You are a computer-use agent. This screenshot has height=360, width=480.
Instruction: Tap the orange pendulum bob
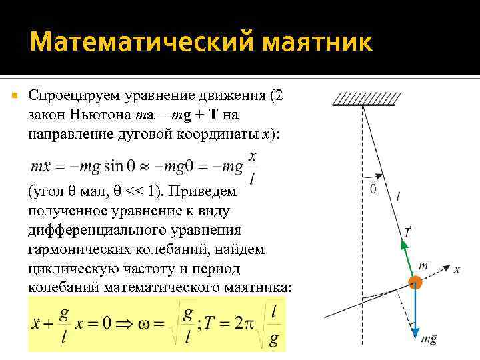[x=416, y=282]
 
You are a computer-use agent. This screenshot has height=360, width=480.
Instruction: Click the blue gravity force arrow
[x=416, y=313]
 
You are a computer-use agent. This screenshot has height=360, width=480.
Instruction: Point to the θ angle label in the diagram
[x=373, y=189]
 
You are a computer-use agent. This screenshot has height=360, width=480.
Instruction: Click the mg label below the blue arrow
[x=428, y=338]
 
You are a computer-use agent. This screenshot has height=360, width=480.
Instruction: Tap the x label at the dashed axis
[x=457, y=269]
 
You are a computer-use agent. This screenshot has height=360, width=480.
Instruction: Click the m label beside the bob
[x=423, y=265]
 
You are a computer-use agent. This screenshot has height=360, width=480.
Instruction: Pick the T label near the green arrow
[x=407, y=232]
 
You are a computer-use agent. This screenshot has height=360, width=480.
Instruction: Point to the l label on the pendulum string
[x=398, y=196]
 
